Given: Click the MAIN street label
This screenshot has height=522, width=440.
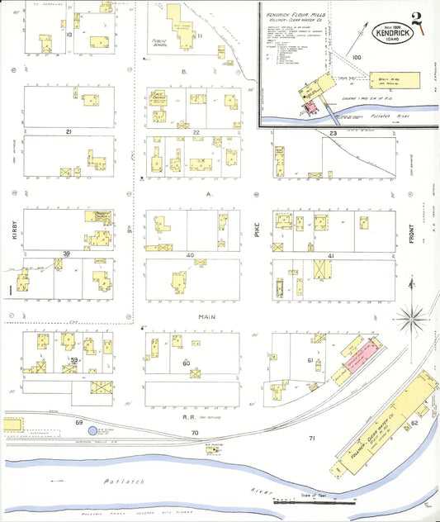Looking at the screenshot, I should click(x=207, y=316).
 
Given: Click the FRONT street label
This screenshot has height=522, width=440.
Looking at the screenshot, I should click(x=410, y=240).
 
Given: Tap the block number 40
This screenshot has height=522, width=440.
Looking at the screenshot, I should click(x=191, y=255).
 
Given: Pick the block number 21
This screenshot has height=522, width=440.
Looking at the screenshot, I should click(x=69, y=131).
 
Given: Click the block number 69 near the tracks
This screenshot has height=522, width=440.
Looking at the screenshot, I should click(x=80, y=422).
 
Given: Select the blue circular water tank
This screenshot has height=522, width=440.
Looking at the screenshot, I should click(x=92, y=430).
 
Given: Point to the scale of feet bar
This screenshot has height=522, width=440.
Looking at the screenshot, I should click(x=314, y=500).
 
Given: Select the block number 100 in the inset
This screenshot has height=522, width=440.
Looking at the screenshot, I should click(x=357, y=57).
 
